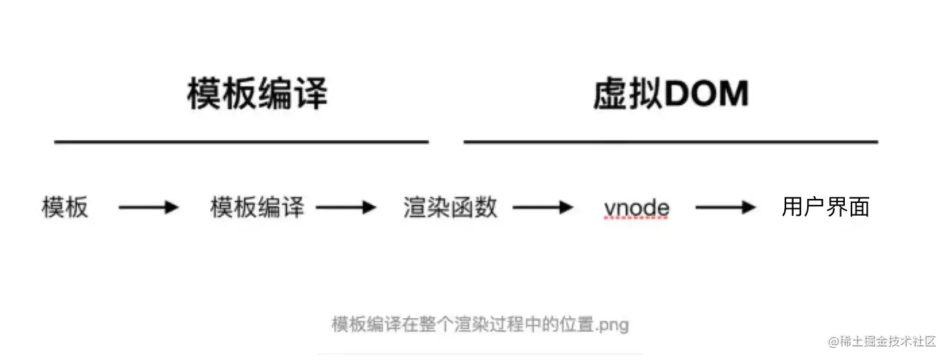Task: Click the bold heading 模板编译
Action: coord(257,94)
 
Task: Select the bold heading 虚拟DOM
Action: coord(670,94)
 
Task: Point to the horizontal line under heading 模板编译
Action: coord(241,142)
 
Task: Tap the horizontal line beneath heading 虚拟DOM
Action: coord(670,142)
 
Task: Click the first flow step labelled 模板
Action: coord(65,208)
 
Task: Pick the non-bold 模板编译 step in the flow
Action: coord(257,208)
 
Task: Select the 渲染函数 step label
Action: coord(450,208)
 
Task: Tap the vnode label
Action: coord(636,208)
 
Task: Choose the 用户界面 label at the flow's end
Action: coord(825,207)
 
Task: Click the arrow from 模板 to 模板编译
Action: coord(148,208)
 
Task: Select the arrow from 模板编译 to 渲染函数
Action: coord(345,208)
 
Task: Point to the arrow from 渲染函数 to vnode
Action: coord(543,208)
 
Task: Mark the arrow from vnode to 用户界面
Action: coord(725,208)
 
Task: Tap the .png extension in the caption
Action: coord(613,326)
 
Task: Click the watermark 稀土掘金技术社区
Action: coord(889,341)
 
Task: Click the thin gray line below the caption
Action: coord(479,353)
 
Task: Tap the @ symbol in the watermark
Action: coord(833,341)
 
